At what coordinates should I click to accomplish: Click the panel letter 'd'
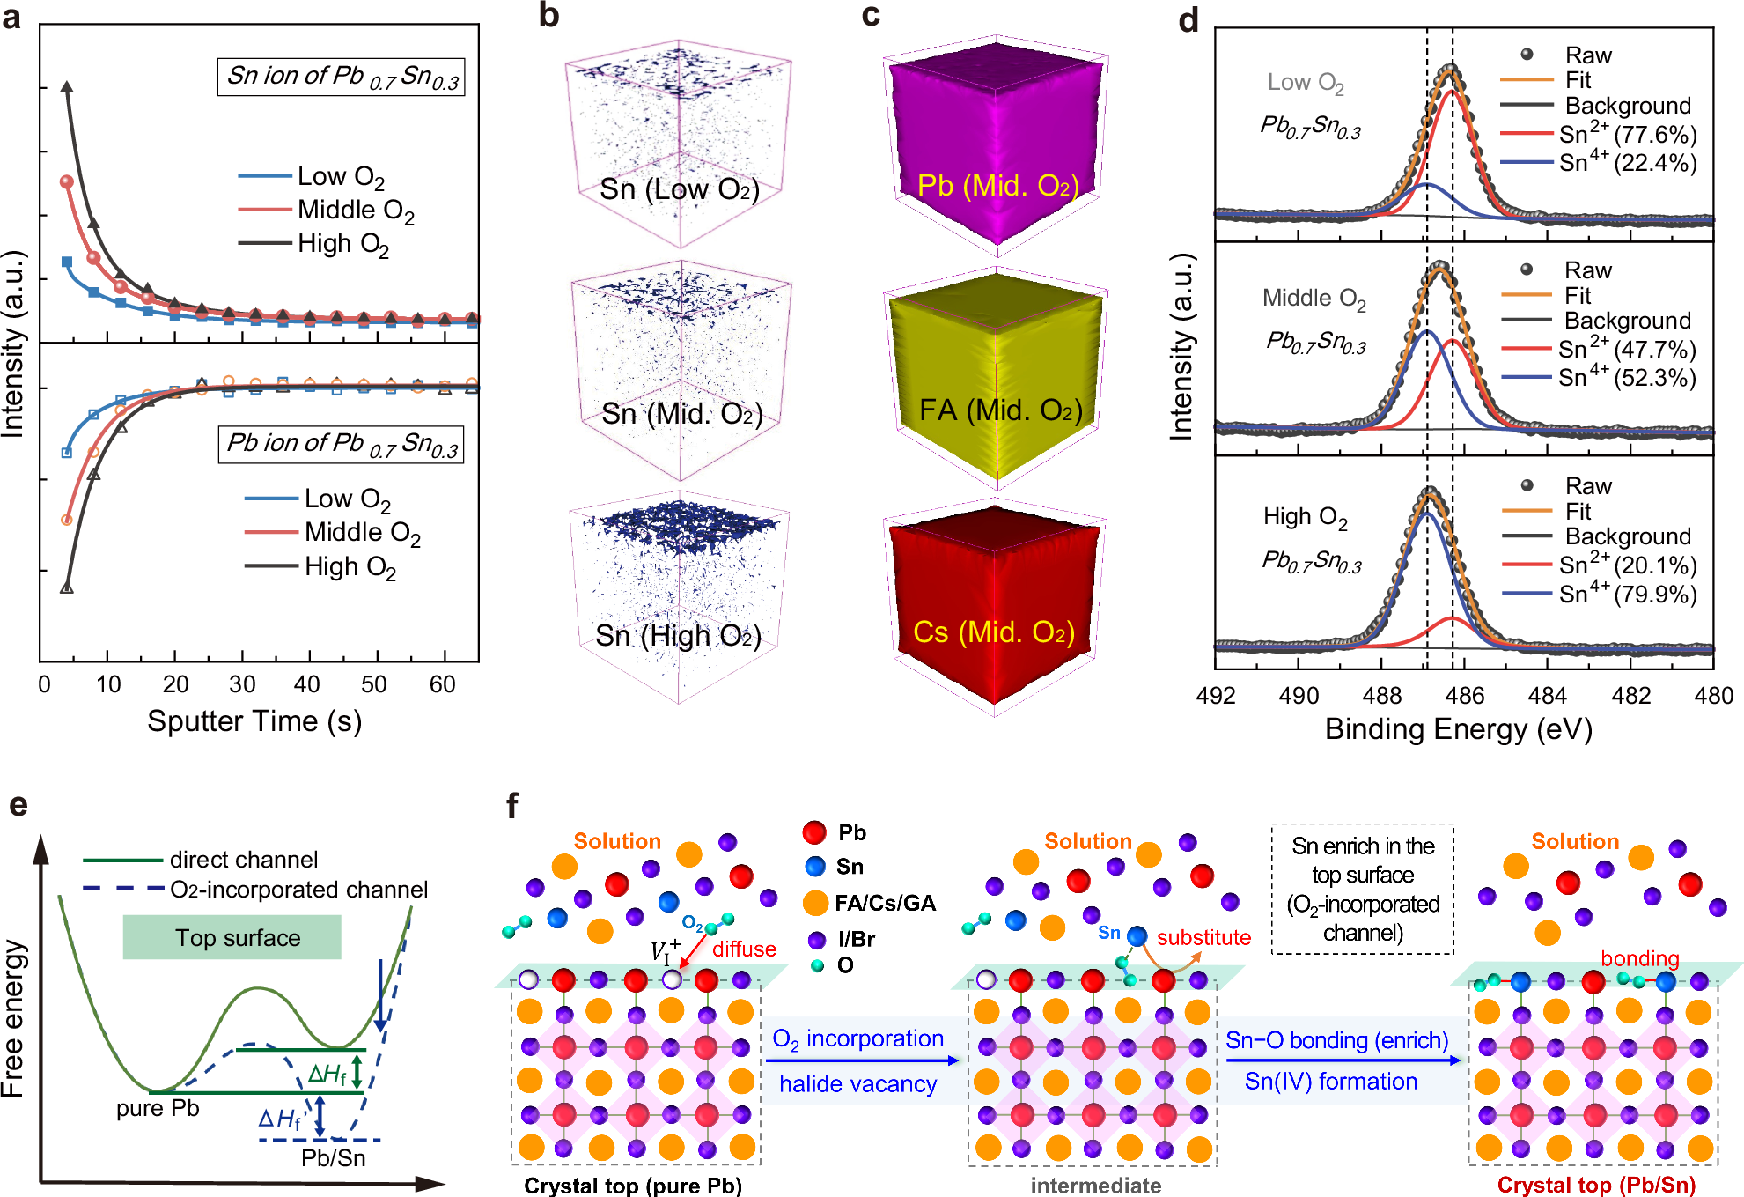tap(1188, 20)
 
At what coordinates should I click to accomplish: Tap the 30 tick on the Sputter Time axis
tap(242, 684)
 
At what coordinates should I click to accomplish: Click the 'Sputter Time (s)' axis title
tap(254, 721)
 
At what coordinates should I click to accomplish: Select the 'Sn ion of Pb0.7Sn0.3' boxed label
tap(342, 77)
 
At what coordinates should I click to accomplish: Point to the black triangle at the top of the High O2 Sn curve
tap(66, 86)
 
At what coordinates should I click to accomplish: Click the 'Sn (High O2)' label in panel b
tap(677, 635)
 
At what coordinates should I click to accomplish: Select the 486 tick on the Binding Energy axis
tap(1465, 695)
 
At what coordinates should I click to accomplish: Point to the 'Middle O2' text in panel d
tap(1314, 299)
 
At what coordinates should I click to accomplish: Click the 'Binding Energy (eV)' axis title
tap(1458, 729)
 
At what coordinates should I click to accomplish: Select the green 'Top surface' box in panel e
tap(232, 937)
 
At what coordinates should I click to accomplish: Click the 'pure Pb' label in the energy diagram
tap(158, 1107)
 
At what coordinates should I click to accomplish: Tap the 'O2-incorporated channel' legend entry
tap(298, 890)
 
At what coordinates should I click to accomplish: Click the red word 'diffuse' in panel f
tap(744, 949)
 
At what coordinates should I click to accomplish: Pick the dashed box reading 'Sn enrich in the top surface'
tap(1362, 889)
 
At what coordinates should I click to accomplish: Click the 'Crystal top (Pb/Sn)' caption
tap(1596, 1185)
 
